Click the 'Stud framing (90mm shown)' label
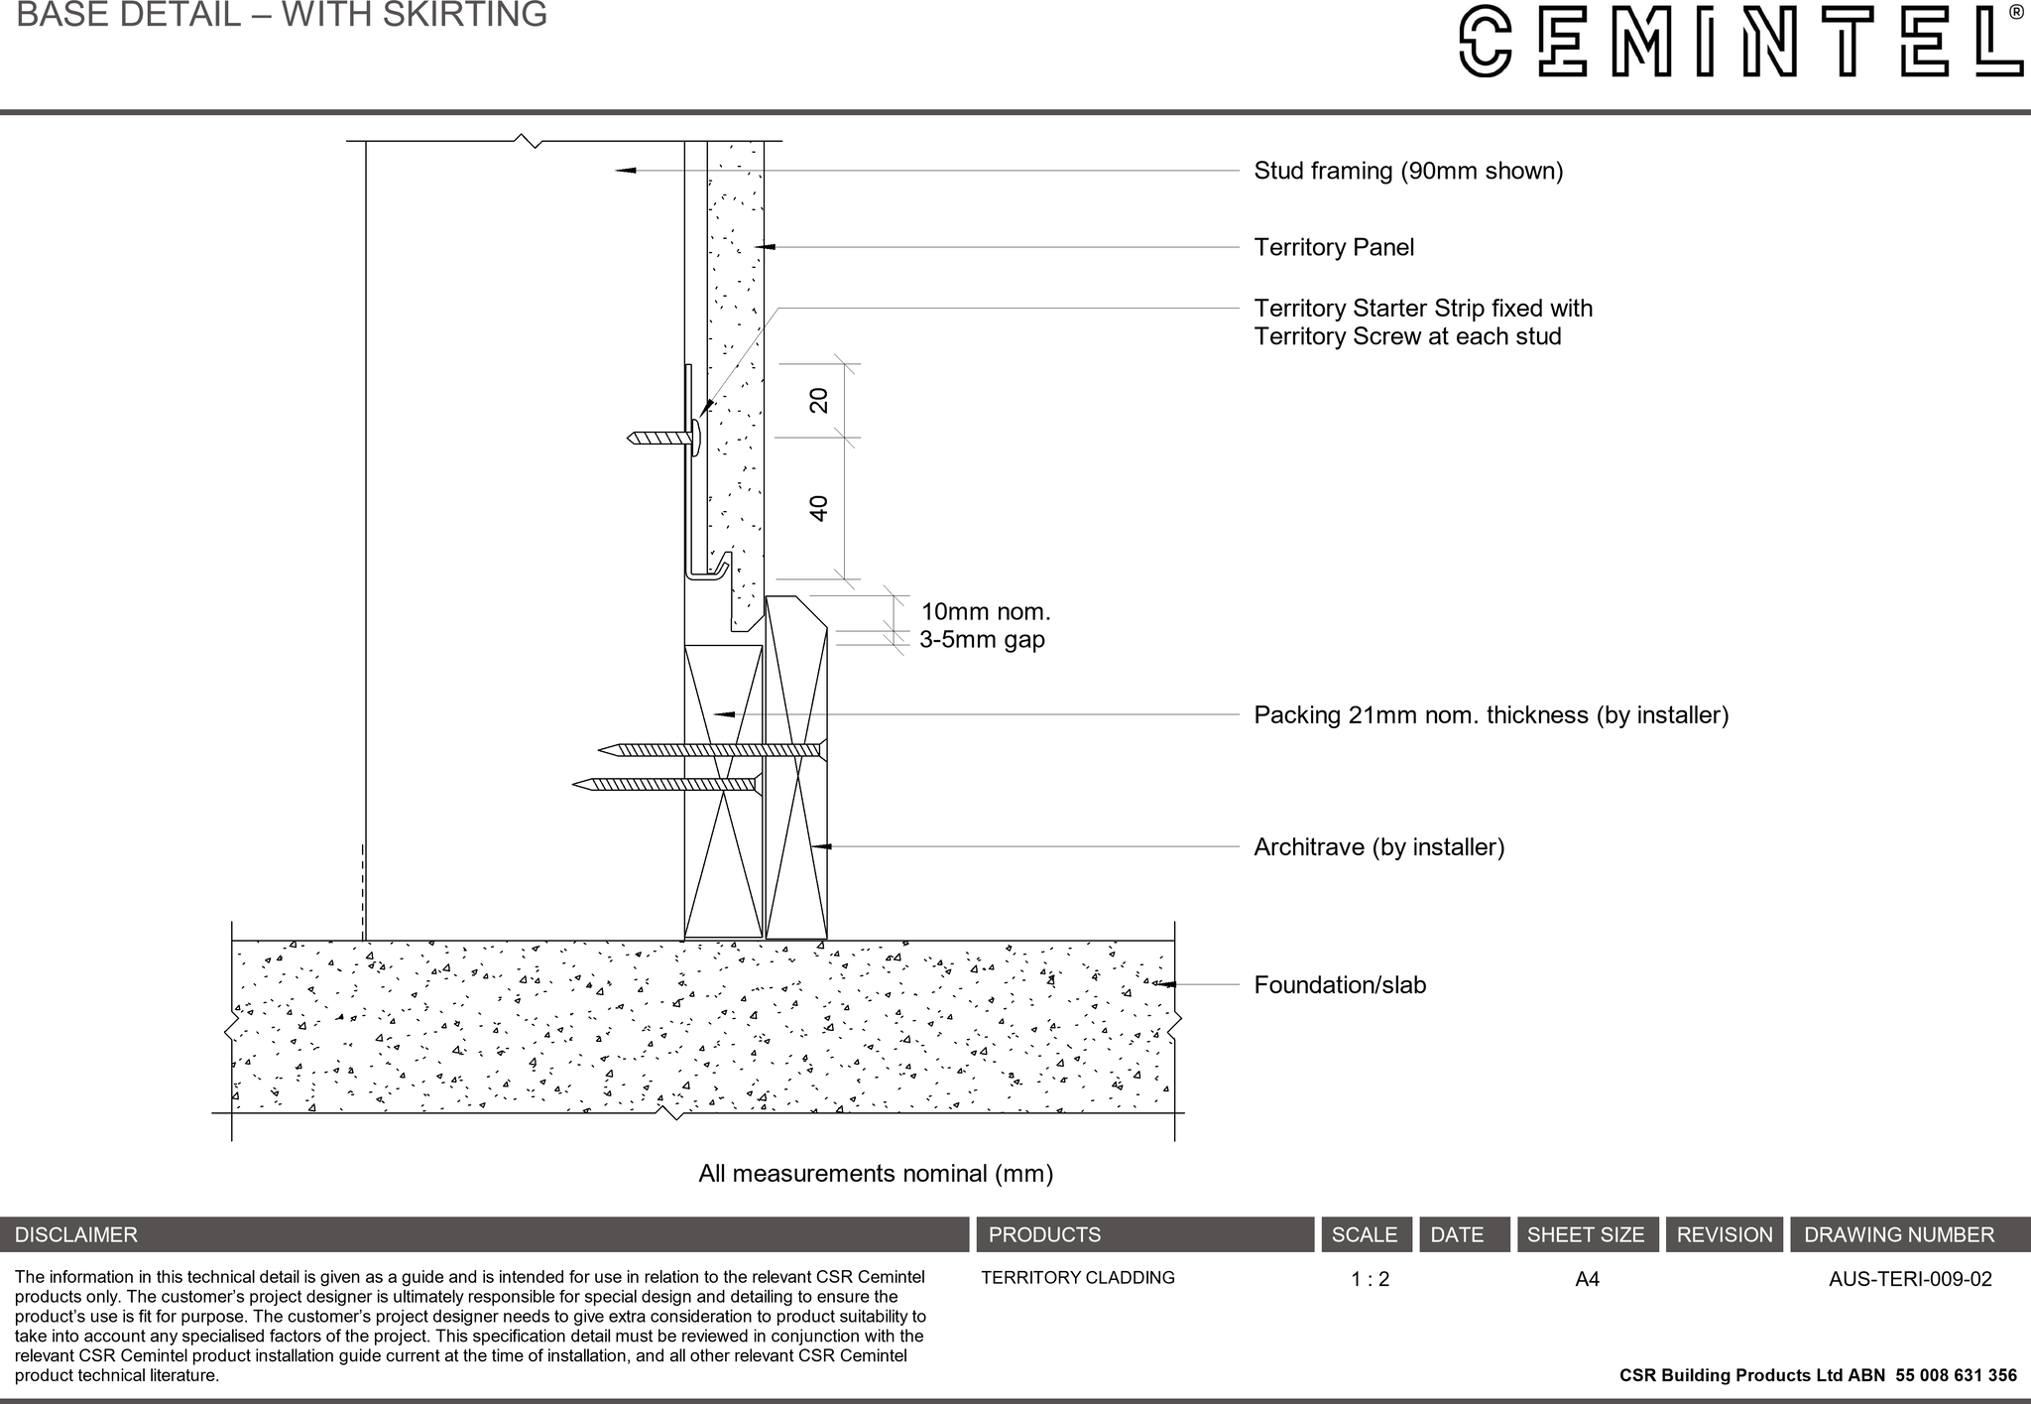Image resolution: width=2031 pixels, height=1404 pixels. (x=1407, y=171)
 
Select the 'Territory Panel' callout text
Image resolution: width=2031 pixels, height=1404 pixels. (x=1333, y=247)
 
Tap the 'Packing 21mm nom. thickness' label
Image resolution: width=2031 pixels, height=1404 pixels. (x=1490, y=714)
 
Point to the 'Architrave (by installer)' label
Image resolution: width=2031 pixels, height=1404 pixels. (x=1378, y=846)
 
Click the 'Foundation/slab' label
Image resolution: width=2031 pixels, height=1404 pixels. (x=1339, y=984)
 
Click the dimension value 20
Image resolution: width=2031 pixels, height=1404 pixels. (x=819, y=401)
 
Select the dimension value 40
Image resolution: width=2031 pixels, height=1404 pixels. (x=819, y=508)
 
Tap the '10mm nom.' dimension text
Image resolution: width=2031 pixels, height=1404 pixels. (x=985, y=611)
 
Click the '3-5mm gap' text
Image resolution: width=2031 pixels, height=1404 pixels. (x=982, y=639)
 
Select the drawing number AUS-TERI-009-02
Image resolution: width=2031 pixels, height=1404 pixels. (x=1909, y=1279)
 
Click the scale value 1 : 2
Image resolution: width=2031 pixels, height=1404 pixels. (x=1370, y=1279)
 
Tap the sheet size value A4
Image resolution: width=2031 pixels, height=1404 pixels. (x=1587, y=1279)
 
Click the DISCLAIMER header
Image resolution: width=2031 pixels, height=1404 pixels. (x=76, y=1234)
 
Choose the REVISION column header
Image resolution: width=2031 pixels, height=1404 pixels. (x=1724, y=1234)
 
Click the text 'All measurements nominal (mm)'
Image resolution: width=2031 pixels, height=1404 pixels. (x=875, y=1174)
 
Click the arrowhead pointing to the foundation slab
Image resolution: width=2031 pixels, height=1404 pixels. (x=1166, y=984)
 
